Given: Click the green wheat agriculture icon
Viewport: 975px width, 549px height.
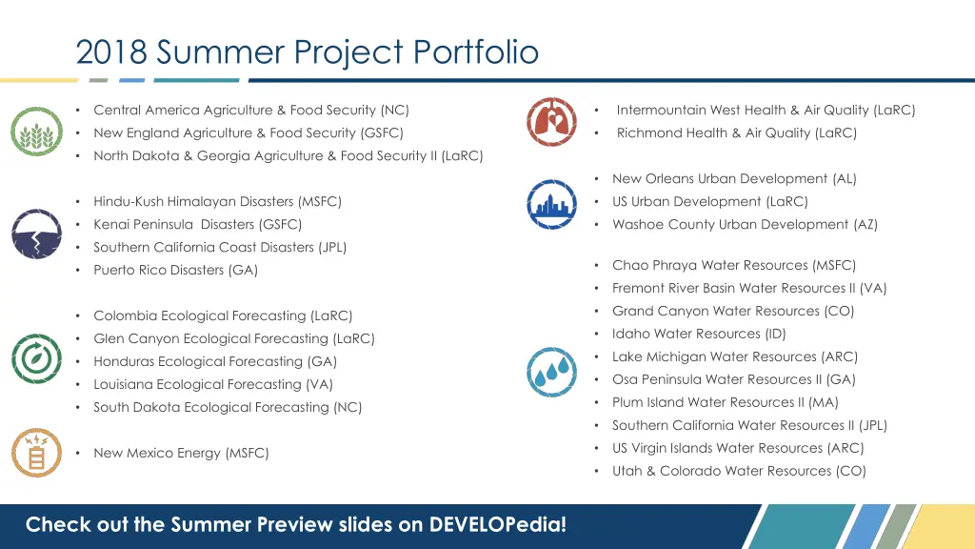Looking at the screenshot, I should (36, 132).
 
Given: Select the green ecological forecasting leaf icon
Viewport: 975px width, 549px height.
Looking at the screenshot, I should (36, 358).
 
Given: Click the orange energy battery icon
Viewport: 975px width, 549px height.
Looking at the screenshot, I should (36, 453).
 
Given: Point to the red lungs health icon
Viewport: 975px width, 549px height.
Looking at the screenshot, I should (551, 121).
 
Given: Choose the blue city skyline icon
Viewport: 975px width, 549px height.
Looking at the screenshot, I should (551, 203).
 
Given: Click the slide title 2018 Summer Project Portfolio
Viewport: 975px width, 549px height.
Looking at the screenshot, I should (307, 51).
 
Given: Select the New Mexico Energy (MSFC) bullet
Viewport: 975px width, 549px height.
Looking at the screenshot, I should (181, 453).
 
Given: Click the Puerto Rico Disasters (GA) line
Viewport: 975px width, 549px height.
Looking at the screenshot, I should (175, 270).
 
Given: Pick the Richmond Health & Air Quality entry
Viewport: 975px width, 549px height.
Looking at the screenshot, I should (736, 133).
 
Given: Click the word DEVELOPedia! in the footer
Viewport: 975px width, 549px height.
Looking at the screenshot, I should (497, 524).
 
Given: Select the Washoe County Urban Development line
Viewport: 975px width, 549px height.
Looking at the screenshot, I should (745, 225).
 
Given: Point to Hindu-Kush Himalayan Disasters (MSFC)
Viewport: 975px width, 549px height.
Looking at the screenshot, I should (217, 201).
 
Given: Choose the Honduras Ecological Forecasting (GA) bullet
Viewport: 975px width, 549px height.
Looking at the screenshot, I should (214, 361).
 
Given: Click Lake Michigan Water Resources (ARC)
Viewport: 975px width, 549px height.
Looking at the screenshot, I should (734, 356).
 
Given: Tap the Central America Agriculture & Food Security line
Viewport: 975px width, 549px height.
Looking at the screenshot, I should (251, 110).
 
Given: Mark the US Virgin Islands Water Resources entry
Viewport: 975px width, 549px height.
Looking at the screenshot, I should (738, 448).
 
